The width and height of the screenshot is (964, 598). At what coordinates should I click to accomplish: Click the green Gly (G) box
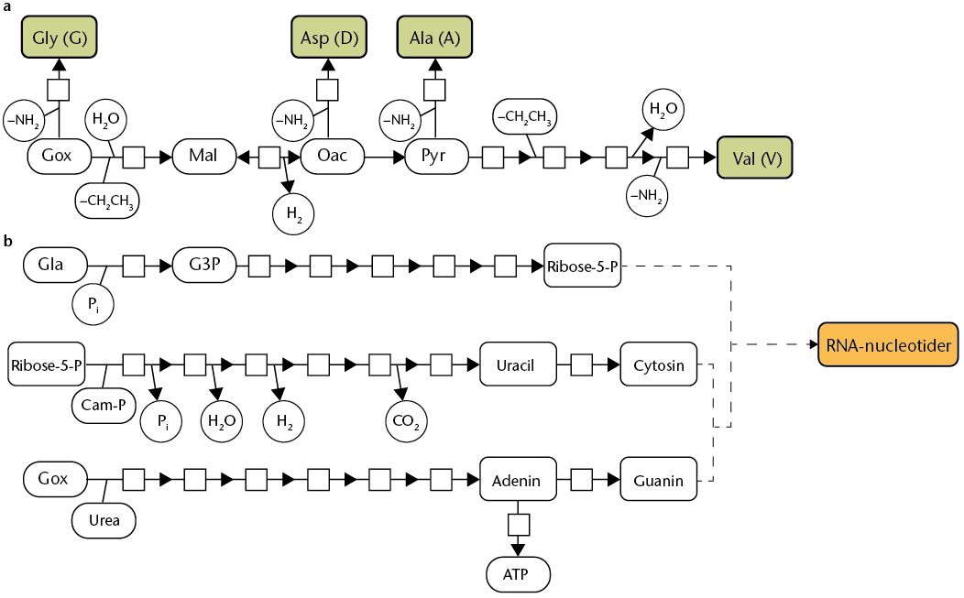(60, 38)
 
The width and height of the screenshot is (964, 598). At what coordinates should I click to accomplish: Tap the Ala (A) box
(435, 38)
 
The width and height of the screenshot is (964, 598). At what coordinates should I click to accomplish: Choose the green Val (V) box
(756, 158)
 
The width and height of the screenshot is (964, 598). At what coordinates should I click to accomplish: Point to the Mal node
(203, 157)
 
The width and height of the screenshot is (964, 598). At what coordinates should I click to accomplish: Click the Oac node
(332, 157)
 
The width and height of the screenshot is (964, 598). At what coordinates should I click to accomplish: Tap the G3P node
(203, 266)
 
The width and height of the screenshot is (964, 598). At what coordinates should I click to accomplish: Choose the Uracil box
(515, 365)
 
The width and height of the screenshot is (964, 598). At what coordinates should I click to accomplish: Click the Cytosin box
(659, 365)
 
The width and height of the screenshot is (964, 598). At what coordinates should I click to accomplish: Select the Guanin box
(659, 480)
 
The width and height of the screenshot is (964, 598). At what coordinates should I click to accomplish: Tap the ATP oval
(519, 574)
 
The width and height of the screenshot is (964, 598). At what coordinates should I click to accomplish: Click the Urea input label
(104, 520)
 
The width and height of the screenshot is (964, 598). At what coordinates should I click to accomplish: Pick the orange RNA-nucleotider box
(887, 344)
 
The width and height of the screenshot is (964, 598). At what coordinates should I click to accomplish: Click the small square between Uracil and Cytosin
(581, 365)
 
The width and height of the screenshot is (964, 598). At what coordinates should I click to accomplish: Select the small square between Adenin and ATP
(519, 525)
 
